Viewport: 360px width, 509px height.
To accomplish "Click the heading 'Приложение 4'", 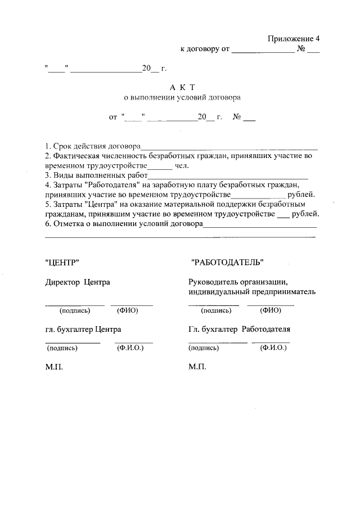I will (293, 39).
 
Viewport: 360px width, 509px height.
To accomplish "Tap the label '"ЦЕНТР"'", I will (61, 262).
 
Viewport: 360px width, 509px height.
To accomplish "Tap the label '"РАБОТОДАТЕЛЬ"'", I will (227, 262).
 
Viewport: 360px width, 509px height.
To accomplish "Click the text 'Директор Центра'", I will (78, 282).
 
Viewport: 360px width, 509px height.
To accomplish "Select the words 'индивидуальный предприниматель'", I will (252, 292).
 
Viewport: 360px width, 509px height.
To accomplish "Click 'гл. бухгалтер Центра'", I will (83, 329).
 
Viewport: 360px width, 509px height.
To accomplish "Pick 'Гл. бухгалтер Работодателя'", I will (240, 329).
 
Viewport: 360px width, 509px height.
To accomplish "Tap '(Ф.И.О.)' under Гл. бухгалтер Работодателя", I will (273, 348).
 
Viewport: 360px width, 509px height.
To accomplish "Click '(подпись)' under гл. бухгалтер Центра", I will (62, 348).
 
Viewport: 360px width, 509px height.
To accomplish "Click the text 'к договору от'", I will (205, 49).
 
